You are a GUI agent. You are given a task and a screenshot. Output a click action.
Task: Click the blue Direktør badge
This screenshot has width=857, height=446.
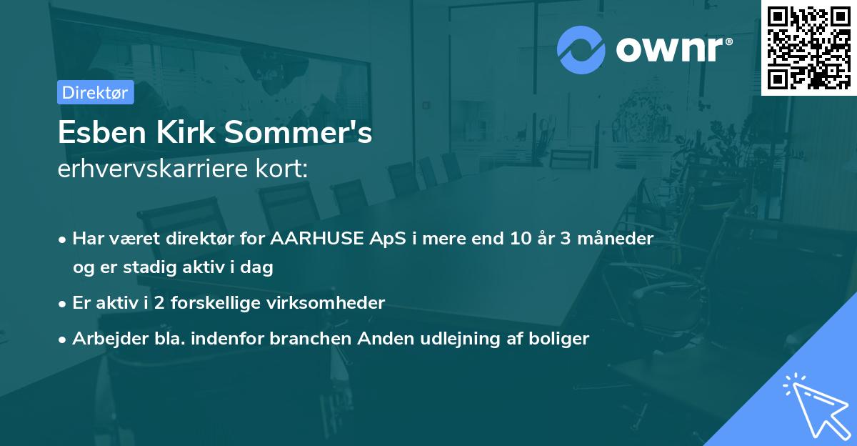96,92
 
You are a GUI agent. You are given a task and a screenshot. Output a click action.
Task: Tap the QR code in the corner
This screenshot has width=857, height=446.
808,48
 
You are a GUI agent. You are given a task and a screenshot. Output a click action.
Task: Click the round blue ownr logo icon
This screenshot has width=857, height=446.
581,50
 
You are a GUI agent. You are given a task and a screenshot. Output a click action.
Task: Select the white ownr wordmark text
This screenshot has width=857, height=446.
674,49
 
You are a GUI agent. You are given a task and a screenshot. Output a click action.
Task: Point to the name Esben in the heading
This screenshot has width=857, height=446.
102,132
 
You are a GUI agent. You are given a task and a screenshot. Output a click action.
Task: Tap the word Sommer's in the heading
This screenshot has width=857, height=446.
299,132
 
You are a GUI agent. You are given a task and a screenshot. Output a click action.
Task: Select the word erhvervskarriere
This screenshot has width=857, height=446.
153,169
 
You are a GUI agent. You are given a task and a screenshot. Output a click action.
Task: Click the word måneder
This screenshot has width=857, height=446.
615,239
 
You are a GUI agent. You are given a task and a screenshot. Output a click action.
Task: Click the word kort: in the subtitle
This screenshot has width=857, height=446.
282,169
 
